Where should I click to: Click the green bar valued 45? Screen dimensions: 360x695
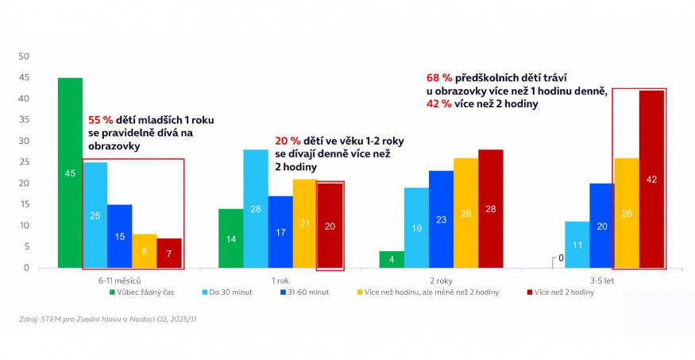70,172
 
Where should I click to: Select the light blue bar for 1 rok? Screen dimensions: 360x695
255,208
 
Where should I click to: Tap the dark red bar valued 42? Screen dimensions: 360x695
651,179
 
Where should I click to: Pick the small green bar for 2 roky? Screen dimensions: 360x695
392,259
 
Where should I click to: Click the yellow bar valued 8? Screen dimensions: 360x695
144,250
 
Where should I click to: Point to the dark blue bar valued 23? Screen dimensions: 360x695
441,219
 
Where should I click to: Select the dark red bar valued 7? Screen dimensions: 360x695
168,253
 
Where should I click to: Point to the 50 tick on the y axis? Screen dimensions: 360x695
23,56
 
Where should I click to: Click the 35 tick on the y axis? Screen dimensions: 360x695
23,120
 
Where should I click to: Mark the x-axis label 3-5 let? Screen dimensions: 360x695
602,281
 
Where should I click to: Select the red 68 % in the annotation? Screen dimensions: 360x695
440,78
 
